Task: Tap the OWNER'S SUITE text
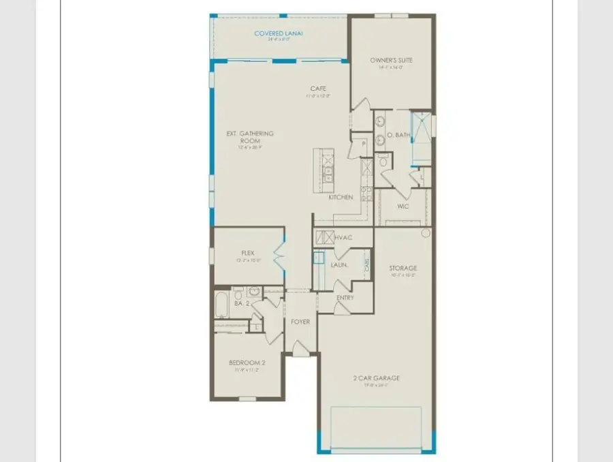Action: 392,60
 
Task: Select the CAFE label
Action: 318,89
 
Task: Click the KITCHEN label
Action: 341,198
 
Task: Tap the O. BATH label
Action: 398,136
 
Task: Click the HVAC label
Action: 343,238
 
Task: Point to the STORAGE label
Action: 403,268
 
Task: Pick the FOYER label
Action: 301,321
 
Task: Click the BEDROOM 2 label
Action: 247,363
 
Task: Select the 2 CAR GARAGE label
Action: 376,378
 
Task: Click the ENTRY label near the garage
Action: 345,298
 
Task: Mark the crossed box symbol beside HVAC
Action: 323,238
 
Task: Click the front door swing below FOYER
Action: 300,348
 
